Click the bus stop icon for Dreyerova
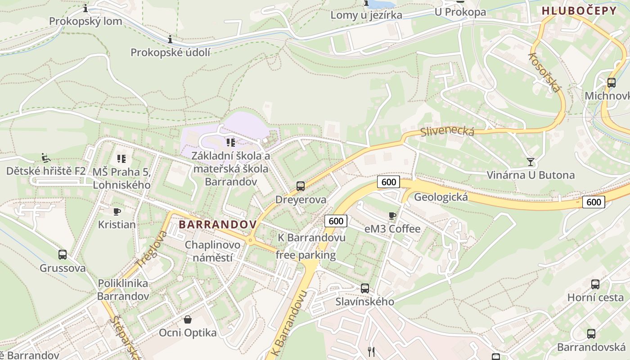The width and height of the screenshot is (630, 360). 300,186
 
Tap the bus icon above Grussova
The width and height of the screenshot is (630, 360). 63,255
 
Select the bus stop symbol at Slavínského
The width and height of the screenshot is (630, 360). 365,288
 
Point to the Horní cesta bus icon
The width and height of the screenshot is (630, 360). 595,284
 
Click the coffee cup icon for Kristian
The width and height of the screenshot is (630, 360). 117,211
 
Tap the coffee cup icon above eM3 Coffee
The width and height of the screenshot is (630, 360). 392,216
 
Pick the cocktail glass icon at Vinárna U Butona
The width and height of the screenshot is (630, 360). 531,162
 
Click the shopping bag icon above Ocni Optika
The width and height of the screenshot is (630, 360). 188,319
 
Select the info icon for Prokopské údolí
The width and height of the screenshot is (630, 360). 170,40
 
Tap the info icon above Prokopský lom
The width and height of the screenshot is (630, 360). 85,8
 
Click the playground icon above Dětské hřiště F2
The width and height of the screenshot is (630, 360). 45,157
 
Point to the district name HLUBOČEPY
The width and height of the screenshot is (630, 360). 579,11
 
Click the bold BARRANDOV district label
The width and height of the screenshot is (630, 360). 218,224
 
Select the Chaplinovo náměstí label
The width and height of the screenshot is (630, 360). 213,251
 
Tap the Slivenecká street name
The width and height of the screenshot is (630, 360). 447,131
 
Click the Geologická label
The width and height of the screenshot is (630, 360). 441,197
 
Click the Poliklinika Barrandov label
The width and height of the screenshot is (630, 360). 123,290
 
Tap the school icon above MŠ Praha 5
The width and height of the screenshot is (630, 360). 121,158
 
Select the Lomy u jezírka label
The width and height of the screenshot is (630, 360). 366,15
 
